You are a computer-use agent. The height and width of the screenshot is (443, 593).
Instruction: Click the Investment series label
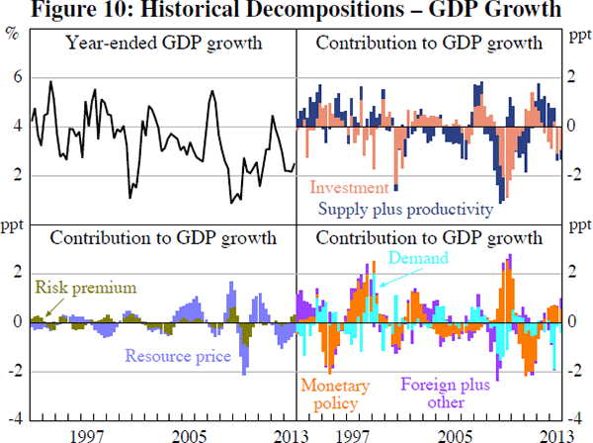pos(350,187)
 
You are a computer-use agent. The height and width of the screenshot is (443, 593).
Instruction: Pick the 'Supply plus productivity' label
pos(405,209)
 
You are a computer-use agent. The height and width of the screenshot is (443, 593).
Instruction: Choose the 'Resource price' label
pos(178,356)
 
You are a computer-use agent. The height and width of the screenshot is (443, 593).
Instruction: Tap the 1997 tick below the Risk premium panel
pos(88,435)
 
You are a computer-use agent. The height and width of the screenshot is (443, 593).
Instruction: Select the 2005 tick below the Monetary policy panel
pos(454,435)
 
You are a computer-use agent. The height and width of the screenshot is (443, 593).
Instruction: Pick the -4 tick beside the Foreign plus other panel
pos(579,420)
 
